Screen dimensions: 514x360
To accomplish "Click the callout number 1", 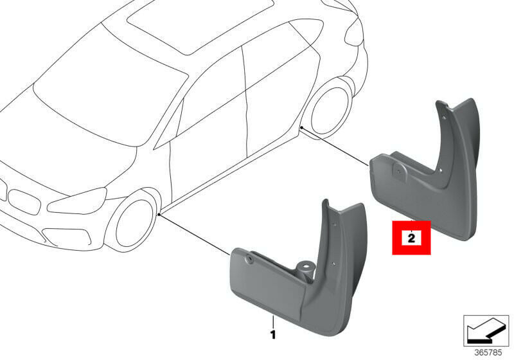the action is point(272,334).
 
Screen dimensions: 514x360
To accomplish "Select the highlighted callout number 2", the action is point(411,237).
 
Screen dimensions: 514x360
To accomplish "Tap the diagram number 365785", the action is point(488,352).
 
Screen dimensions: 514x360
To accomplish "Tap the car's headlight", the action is point(77,201).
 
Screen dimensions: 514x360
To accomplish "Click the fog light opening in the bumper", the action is point(67,237).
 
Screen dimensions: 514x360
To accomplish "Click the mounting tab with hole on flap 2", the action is point(399,170).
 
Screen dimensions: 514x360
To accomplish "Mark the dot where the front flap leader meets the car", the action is point(159,215).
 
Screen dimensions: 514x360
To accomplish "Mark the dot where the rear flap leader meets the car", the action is point(301,127).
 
